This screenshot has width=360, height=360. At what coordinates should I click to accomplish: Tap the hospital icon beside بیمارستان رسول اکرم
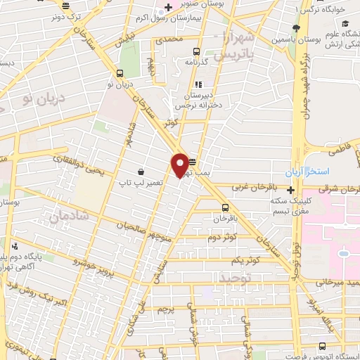167,8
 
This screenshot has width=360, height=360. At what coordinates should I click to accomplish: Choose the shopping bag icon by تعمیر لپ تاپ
141,172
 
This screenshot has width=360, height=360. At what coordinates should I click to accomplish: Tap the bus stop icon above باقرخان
225,207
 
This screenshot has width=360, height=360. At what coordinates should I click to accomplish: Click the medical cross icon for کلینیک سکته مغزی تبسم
290,189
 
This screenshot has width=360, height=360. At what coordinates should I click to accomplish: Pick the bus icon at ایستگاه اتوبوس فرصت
322,346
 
